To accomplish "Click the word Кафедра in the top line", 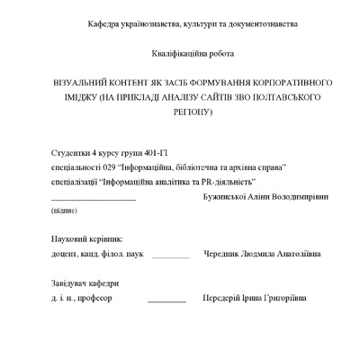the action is (x=103, y=23).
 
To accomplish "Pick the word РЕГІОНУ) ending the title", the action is (x=188, y=112).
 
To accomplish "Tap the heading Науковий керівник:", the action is (x=86, y=240).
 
